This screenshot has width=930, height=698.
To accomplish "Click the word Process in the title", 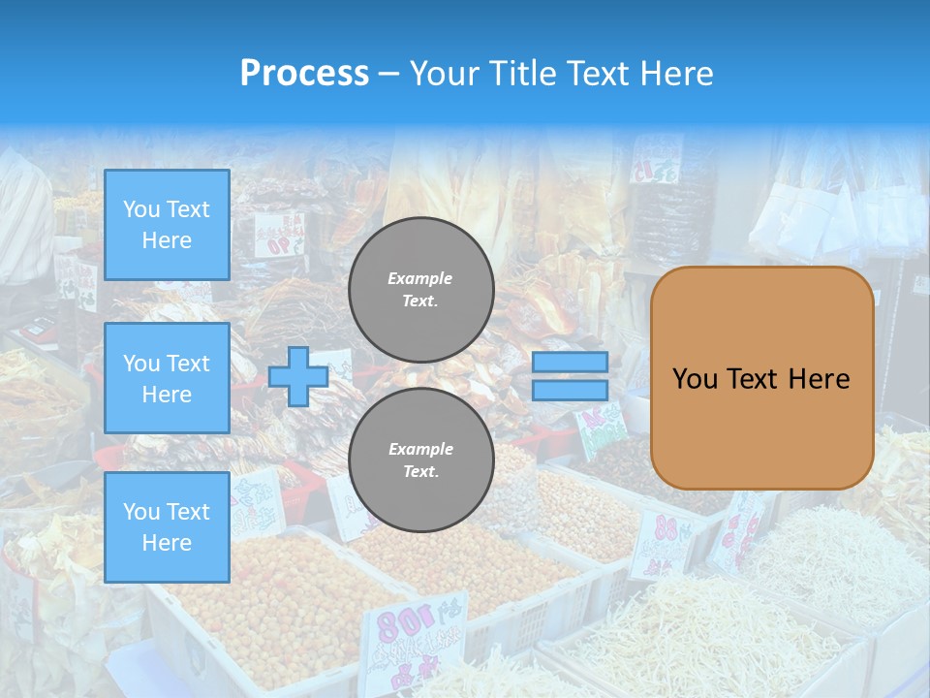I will pos(304,74).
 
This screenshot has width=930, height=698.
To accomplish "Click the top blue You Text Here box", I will pos(167,225).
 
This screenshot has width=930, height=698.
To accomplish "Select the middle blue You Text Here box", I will pos(167,378).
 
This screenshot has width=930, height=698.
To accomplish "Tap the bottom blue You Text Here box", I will pos(167,527).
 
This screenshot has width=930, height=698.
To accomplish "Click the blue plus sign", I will pos(297,376).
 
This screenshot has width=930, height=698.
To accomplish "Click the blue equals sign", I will pos(570,376).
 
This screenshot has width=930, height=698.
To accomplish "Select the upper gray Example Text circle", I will pos(421,290).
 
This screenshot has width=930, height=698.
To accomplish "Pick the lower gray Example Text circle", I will pos(421,460).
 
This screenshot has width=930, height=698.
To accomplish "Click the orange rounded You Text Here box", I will pos(761,378).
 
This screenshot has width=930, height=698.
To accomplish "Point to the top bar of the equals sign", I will pos(570,362).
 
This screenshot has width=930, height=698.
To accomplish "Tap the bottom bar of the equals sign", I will pos(570,390).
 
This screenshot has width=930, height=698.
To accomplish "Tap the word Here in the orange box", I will pos(819,379).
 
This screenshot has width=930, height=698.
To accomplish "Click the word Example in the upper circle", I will pos(419,278).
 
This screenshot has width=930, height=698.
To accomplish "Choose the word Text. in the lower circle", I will pos(420,472).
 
